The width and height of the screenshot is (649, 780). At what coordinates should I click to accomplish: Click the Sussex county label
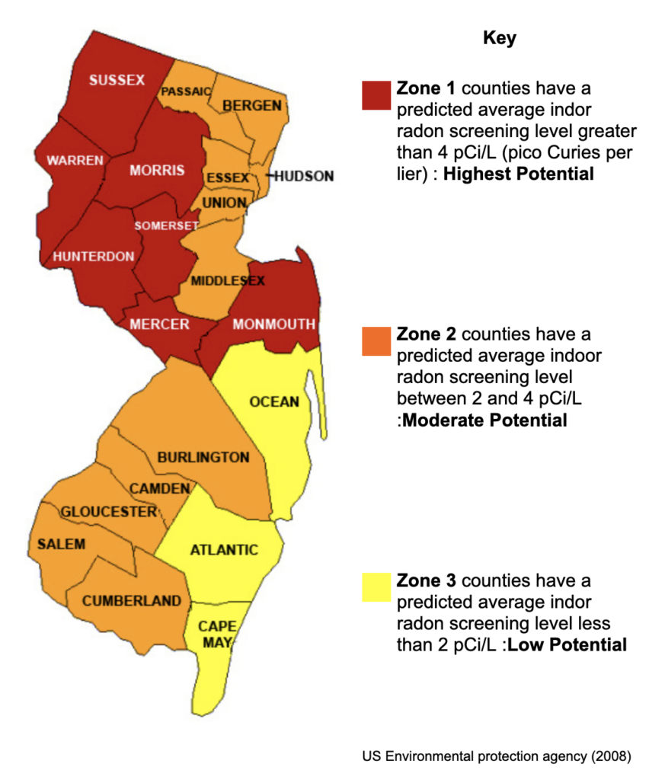coord(117,80)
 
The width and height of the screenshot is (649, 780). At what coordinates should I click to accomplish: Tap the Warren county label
coord(75,161)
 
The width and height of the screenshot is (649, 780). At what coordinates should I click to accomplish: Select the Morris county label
coord(157,170)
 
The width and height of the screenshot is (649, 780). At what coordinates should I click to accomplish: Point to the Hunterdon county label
coord(94,257)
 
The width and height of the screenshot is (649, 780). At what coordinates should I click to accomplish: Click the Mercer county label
coord(159,324)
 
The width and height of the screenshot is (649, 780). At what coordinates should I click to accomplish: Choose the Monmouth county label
coord(273,324)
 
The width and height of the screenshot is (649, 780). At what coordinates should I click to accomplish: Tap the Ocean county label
coord(274,401)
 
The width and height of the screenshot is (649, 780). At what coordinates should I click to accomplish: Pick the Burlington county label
coord(203,457)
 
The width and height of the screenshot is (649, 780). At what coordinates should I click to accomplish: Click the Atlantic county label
coord(224,549)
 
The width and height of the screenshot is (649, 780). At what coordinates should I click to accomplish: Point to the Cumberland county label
coord(132,600)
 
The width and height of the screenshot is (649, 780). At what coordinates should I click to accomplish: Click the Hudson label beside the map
coord(303,176)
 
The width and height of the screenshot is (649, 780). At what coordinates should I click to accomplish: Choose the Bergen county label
coord(251,105)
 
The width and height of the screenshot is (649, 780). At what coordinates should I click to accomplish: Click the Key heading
coord(500,39)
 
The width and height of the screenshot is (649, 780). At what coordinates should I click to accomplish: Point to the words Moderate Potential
coord(484,420)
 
